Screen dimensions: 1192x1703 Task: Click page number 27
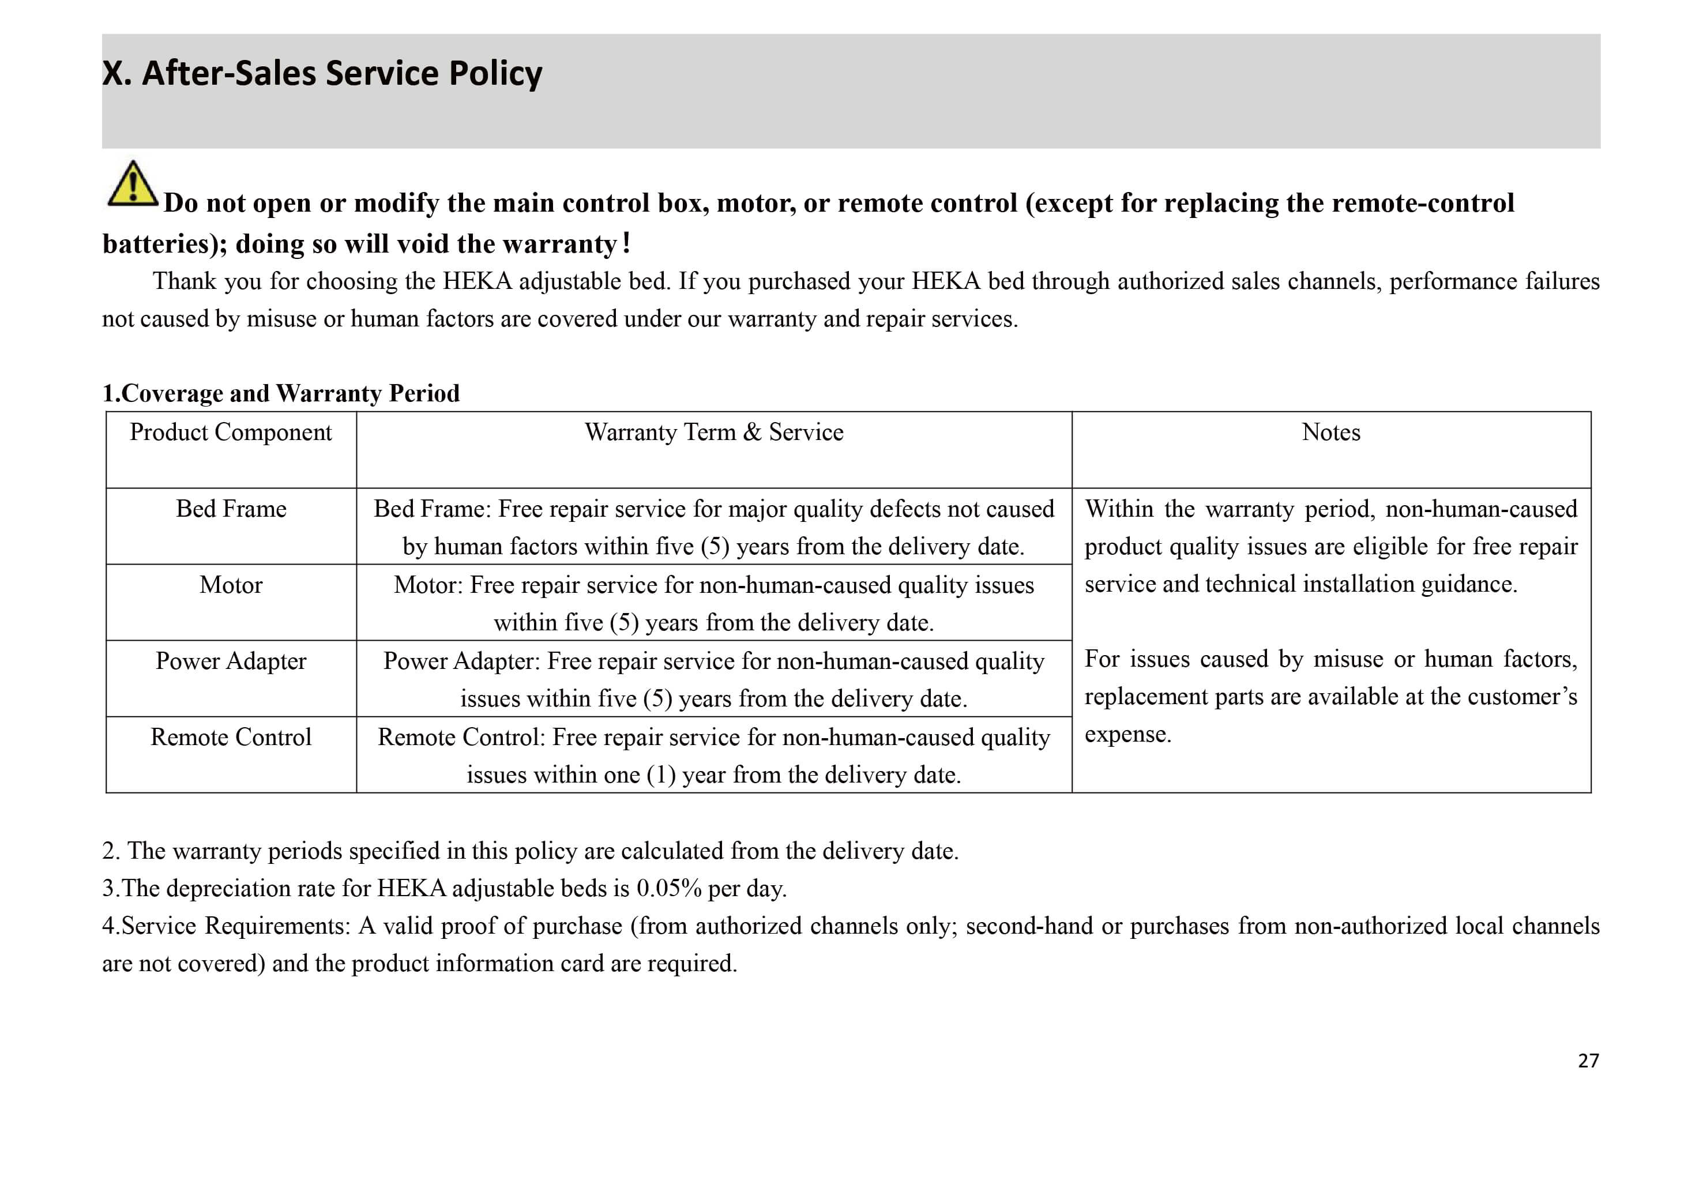tap(1588, 1061)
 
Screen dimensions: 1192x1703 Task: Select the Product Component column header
tap(231, 433)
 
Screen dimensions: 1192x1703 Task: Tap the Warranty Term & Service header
tap(713, 433)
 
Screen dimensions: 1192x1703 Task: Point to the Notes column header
tap(1330, 433)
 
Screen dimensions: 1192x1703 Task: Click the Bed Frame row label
tap(231, 509)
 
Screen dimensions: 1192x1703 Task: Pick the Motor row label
tap(231, 585)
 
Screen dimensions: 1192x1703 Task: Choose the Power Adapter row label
tap(231, 661)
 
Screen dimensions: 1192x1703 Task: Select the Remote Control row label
tap(231, 738)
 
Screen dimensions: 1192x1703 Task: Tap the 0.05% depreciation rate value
tap(669, 888)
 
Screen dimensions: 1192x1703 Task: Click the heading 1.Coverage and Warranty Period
tap(280, 393)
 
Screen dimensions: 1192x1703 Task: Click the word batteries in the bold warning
tap(158, 244)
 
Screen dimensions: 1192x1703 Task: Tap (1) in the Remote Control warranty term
tap(661, 775)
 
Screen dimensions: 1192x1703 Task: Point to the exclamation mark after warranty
tap(627, 243)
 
